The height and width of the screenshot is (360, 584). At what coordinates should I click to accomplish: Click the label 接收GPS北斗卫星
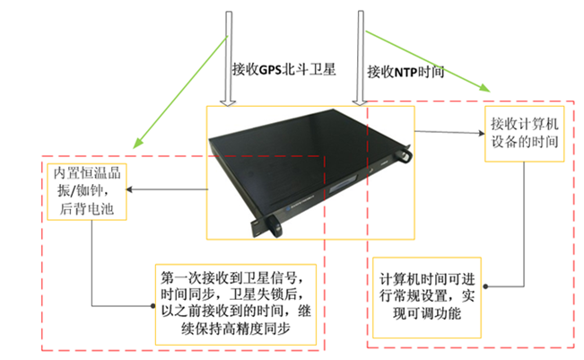283,69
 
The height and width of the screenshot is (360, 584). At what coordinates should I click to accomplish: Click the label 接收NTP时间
405,72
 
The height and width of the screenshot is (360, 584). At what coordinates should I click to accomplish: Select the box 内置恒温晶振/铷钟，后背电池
87,191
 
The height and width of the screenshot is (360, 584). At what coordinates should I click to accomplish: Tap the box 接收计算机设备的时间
525,134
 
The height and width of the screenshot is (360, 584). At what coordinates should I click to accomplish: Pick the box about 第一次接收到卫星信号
236,304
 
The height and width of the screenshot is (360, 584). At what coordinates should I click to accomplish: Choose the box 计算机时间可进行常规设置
427,297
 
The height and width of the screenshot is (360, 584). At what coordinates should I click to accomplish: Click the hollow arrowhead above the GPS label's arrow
228,103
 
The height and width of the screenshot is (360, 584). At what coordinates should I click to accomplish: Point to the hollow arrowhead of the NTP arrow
360,102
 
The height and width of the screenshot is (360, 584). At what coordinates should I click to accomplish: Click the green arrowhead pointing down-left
138,142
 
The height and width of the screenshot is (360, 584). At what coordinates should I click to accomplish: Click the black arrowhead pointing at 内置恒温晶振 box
129,189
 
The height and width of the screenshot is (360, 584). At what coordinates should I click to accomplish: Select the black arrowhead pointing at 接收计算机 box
481,133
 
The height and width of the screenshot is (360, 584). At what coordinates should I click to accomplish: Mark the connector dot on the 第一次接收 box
153,306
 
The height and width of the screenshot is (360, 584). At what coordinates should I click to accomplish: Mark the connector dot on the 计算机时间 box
485,286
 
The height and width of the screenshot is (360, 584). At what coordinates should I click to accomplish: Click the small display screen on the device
344,186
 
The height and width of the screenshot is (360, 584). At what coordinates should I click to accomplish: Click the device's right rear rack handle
405,154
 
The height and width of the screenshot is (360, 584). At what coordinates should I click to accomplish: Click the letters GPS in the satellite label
270,70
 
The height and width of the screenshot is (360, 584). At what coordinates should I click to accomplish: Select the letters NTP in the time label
405,73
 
